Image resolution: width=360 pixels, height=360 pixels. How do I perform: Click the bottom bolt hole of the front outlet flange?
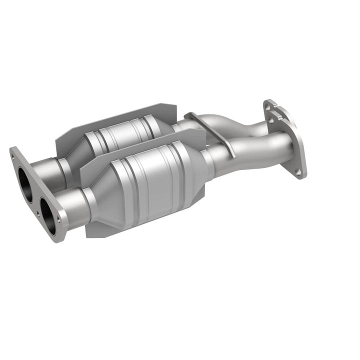point(298,172)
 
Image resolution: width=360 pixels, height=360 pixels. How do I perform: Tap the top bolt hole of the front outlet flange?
point(280,120)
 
